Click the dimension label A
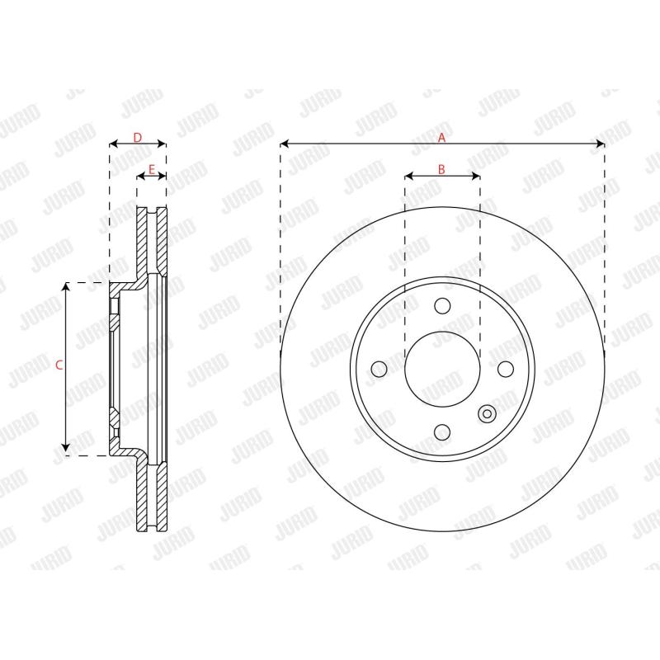pyautogui.click(x=441, y=136)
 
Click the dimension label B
pyautogui.click(x=441, y=169)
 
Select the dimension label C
pyautogui.click(x=59, y=365)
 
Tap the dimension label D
pyautogui.click(x=138, y=136)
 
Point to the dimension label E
pyautogui.click(x=151, y=169)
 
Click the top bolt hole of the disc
pyautogui.click(x=442, y=306)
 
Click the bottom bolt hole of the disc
pyautogui.click(x=442, y=431)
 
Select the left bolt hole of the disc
pyautogui.click(x=379, y=369)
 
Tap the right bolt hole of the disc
pyautogui.click(x=505, y=369)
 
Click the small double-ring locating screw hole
pyautogui.click(x=487, y=413)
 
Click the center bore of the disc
pyautogui.click(x=442, y=369)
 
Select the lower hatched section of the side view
pyautogui.click(x=151, y=495)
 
